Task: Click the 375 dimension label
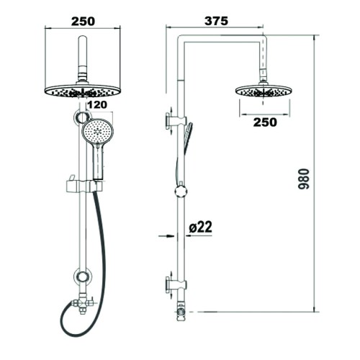(x=216, y=21)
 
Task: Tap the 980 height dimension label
(x=304, y=179)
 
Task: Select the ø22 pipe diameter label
(x=200, y=227)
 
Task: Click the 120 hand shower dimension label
(x=96, y=105)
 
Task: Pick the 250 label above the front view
(x=83, y=22)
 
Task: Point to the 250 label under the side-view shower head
(x=265, y=122)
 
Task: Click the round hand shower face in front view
(x=98, y=131)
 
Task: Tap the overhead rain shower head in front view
(x=83, y=91)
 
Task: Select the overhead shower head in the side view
(x=264, y=91)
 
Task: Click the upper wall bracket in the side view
(x=176, y=121)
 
